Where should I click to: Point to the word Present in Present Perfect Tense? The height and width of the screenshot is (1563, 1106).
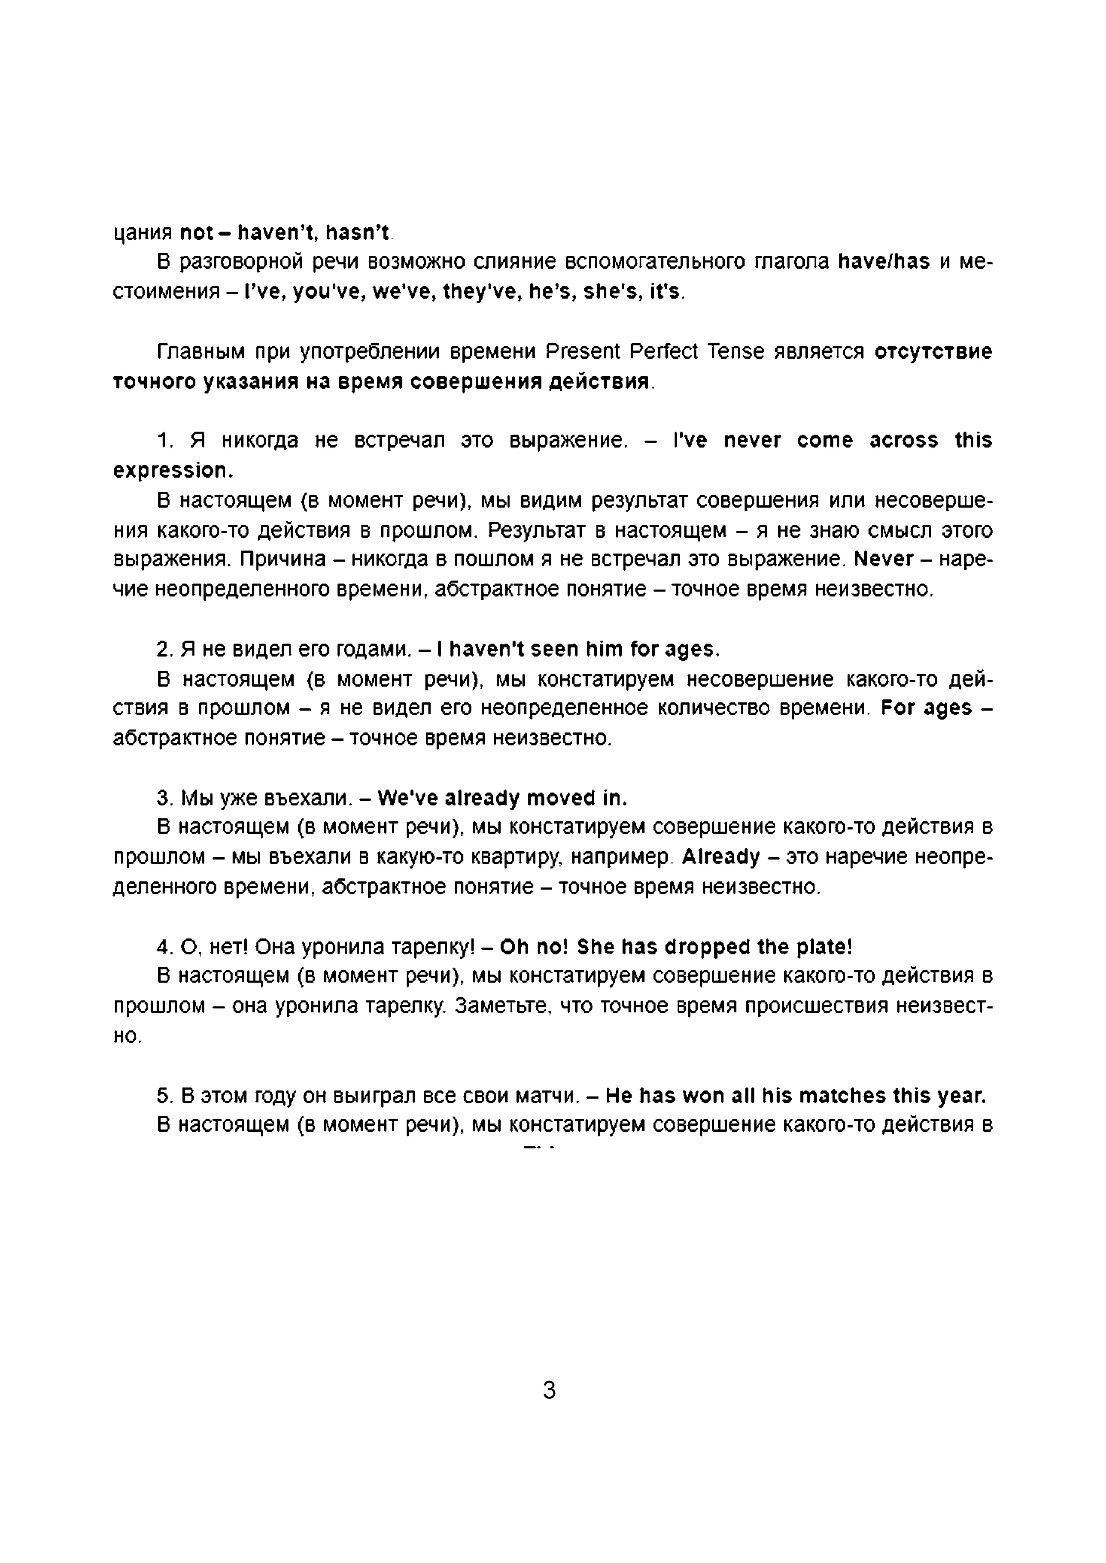pyautogui.click(x=583, y=352)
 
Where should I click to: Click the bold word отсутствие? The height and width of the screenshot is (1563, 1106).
pyautogui.click(x=933, y=352)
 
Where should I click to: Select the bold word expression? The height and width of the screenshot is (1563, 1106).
pyautogui.click(x=173, y=470)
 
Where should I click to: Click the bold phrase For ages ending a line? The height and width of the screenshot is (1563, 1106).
pyautogui.click(x=926, y=708)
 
